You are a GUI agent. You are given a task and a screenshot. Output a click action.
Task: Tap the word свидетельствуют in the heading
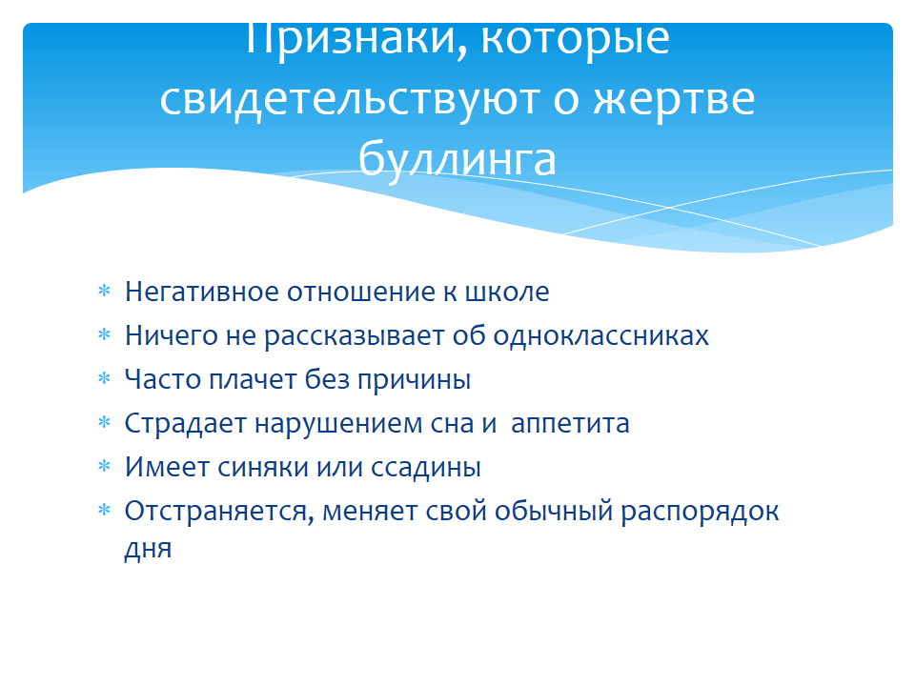pyautogui.click(x=349, y=100)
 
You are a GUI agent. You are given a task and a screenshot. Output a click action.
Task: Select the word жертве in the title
pyautogui.click(x=674, y=100)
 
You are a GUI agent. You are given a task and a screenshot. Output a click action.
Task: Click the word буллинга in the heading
pyautogui.click(x=457, y=159)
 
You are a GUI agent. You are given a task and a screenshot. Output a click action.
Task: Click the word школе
pyautogui.click(x=506, y=292)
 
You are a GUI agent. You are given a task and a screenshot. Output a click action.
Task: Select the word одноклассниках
pyautogui.click(x=601, y=335)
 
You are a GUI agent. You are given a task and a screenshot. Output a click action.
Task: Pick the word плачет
pyautogui.click(x=254, y=380)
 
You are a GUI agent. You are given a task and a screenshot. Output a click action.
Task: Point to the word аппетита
pyautogui.click(x=570, y=424)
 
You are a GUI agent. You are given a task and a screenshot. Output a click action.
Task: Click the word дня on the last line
pyautogui.click(x=149, y=549)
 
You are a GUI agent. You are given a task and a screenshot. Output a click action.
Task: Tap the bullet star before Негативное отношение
pyautogui.click(x=104, y=292)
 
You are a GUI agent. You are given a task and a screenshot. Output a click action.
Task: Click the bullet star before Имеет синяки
pyautogui.click(x=104, y=467)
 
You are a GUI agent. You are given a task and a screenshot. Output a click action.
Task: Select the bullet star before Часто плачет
pyautogui.click(x=104, y=379)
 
